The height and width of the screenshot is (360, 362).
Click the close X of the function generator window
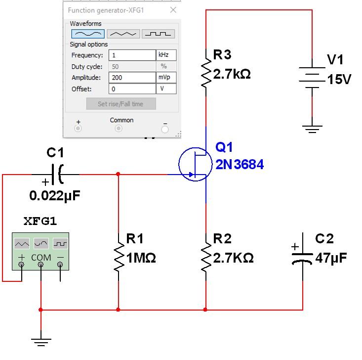pyautogui.click(x=173, y=10)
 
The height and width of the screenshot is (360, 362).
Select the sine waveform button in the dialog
pyautogui.click(x=88, y=34)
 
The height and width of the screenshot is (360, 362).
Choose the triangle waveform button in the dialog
pyautogui.click(x=123, y=34)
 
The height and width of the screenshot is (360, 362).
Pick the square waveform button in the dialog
pyautogui.click(x=158, y=34)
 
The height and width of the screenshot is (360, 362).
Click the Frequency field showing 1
pyautogui.click(x=132, y=55)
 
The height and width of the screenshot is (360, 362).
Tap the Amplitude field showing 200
pyautogui.click(x=132, y=78)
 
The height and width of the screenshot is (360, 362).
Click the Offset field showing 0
pyautogui.click(x=132, y=89)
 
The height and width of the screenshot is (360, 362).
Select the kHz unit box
pyautogui.click(x=166, y=55)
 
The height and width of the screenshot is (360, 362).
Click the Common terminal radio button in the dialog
pyautogui.click(x=119, y=129)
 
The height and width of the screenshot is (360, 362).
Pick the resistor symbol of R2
pyautogui.click(x=205, y=256)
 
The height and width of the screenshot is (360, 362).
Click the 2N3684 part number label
pyautogui.click(x=240, y=165)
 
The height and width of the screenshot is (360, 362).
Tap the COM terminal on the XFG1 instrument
pyautogui.click(x=41, y=265)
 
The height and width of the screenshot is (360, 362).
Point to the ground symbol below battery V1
pyautogui.click(x=312, y=129)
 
